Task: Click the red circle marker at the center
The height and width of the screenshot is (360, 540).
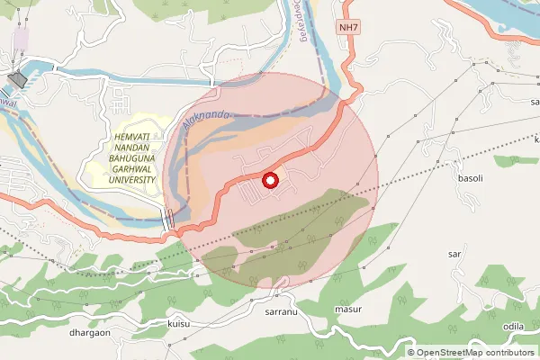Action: click(x=270, y=180)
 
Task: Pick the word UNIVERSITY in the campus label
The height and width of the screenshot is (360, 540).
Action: click(x=126, y=179)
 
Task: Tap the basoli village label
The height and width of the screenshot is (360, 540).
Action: click(x=471, y=178)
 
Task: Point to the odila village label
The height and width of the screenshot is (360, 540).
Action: click(x=514, y=326)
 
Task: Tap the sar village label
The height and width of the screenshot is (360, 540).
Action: click(x=454, y=255)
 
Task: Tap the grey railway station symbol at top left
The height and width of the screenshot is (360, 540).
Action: click(x=16, y=80)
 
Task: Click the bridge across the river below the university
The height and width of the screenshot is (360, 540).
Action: click(x=168, y=218)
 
